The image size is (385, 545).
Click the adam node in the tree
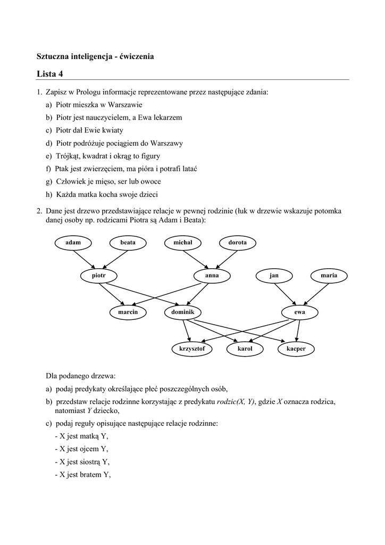click(x=73, y=243)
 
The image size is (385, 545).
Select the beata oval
click(x=128, y=243)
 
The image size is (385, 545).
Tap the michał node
click(x=182, y=243)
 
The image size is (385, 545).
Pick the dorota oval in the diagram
click(x=237, y=243)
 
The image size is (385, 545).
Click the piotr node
click(x=98, y=276)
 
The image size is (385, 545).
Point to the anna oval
click(x=212, y=276)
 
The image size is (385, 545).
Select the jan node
click(x=274, y=276)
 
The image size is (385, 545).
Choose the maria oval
click(x=329, y=276)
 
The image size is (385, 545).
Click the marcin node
click(x=128, y=312)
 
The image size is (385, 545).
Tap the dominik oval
click(x=182, y=312)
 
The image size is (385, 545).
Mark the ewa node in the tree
click(x=299, y=312)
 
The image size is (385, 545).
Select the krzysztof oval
click(x=192, y=349)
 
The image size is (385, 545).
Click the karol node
click(x=245, y=349)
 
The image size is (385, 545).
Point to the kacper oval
click(x=296, y=349)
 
